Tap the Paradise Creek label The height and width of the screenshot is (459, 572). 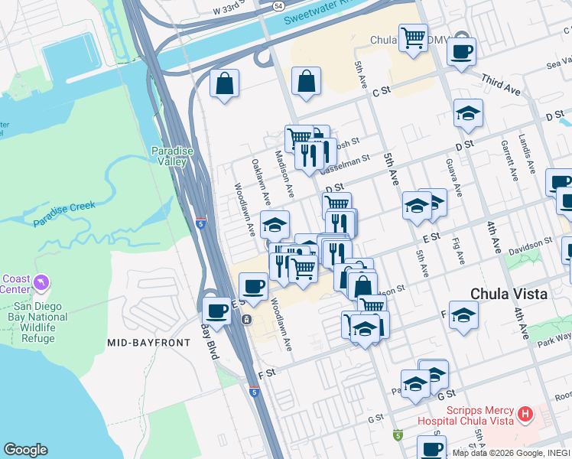[64, 215]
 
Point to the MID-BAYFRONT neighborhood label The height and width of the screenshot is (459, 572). [148, 343]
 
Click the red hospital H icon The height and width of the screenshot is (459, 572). [525, 415]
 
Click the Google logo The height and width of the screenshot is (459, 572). [25, 450]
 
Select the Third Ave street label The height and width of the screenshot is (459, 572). [501, 85]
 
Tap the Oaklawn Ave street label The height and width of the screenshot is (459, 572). [260, 181]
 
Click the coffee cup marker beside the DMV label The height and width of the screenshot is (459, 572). [461, 52]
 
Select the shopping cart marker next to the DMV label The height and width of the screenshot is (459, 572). [413, 37]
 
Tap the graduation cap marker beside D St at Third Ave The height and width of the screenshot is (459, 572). [468, 115]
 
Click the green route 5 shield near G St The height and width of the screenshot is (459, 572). [397, 435]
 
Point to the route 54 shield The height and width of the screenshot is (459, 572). [279, 5]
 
